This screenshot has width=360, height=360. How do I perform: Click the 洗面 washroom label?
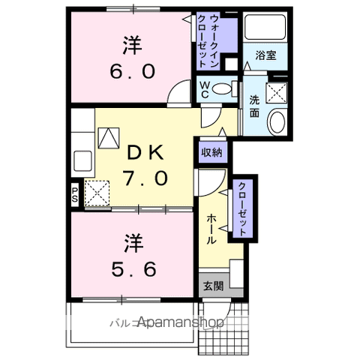click(x=254, y=105)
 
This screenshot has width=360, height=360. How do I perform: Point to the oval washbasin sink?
click(x=277, y=122)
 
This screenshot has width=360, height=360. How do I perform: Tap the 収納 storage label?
click(x=211, y=152)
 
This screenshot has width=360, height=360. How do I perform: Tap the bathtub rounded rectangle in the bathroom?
click(x=265, y=29)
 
